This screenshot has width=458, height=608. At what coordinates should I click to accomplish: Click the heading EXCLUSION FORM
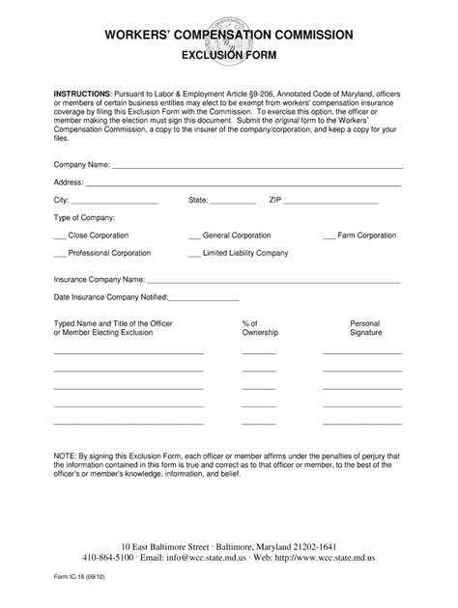[x=228, y=55]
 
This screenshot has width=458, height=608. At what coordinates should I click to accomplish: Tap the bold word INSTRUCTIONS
[x=82, y=93]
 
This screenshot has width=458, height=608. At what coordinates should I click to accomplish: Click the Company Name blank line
[x=258, y=166]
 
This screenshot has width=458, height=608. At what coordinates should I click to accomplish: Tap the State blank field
[x=235, y=202]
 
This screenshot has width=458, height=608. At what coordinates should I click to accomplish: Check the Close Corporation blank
[x=60, y=236]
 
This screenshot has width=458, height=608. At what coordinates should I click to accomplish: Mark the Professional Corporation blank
[x=60, y=254]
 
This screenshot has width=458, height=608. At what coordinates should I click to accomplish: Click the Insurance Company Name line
[x=268, y=280]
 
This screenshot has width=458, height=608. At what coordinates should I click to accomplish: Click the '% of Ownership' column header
[x=259, y=328]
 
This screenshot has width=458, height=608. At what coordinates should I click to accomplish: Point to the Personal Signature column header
[x=365, y=328]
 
